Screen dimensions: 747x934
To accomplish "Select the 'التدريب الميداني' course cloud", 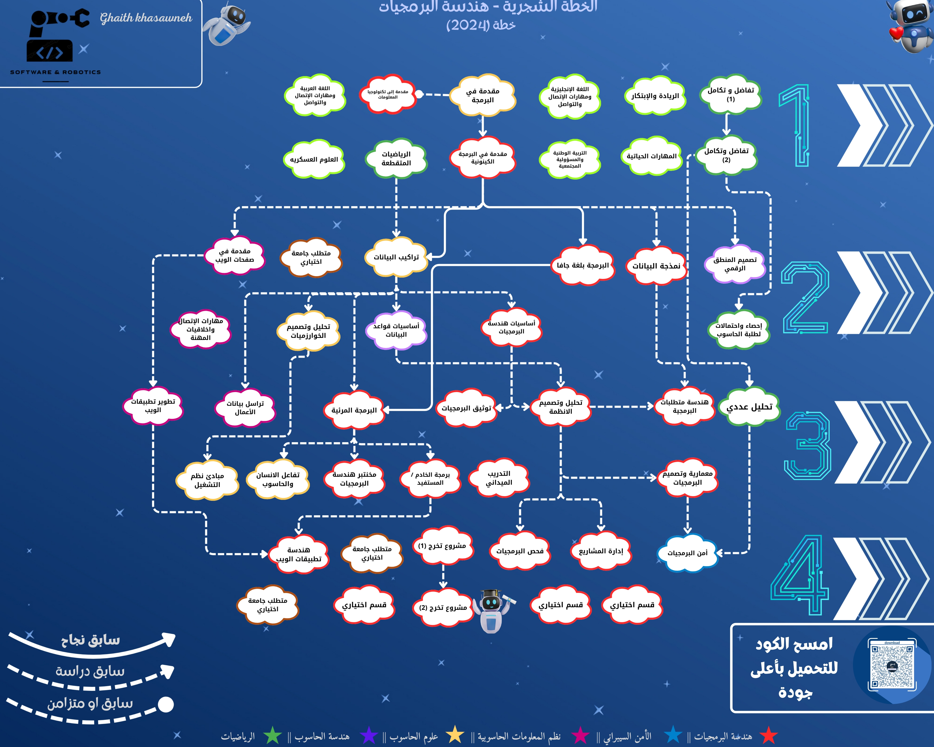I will pos(499,478).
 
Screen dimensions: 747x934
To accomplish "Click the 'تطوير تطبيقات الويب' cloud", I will pos(153,406).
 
